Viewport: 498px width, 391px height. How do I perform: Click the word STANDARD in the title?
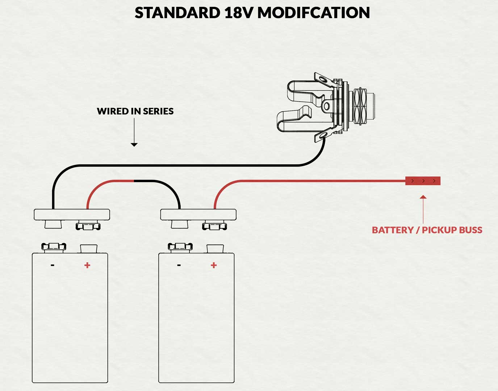point(177,13)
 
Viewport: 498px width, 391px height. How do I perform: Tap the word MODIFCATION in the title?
point(314,13)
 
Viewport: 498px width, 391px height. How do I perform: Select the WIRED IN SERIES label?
point(135,111)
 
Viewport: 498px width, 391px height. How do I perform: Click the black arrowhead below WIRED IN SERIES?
point(134,144)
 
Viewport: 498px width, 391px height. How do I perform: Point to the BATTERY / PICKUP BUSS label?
point(427,230)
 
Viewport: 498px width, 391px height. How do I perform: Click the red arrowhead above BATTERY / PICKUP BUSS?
point(423,197)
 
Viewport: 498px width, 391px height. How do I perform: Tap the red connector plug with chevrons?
point(423,181)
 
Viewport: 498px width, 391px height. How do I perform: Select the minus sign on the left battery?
point(53,265)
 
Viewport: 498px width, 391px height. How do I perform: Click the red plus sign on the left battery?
point(87,265)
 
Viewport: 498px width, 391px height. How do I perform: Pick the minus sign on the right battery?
point(179,265)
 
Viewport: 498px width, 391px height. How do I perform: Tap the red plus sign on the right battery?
point(214,265)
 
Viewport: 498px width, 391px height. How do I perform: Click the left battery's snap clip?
point(72,215)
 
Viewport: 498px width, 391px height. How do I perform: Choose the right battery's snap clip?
point(198,215)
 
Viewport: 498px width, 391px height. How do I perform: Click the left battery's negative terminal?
point(54,247)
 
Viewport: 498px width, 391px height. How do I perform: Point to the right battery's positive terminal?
point(215,248)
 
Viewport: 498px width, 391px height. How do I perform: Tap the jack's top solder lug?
point(321,79)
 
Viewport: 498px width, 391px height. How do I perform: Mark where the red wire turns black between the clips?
point(134,181)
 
